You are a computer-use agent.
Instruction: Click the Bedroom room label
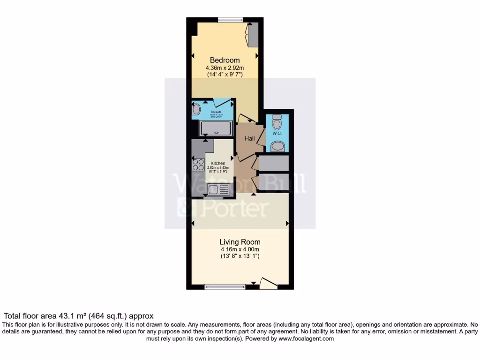tap(225, 60)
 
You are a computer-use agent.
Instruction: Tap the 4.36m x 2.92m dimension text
tap(225, 68)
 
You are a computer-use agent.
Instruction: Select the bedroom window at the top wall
tap(230, 20)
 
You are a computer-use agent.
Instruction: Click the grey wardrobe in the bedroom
tap(253, 35)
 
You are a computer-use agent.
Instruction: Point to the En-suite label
tap(216, 112)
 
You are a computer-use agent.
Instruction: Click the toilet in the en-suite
tap(196, 110)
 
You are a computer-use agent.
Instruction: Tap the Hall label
tap(250, 139)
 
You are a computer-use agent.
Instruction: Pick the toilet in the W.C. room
tap(277, 122)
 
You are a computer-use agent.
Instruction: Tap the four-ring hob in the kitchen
tap(198, 165)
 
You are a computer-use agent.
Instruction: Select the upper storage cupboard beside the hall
tap(273, 163)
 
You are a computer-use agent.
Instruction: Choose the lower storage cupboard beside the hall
tap(273, 181)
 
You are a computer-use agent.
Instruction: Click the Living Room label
tap(240, 242)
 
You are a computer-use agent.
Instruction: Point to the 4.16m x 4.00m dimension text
tap(240, 249)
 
